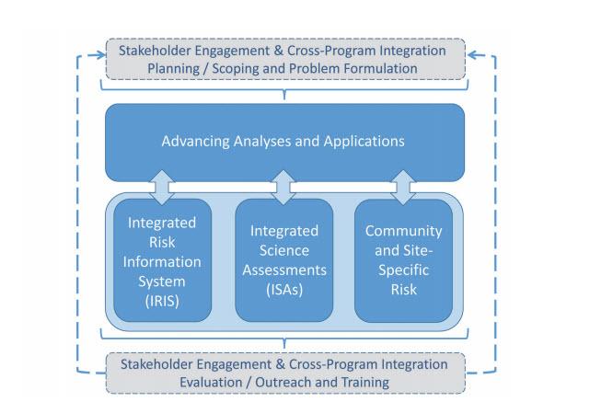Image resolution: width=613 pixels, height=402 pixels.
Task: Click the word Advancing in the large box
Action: pyautogui.click(x=195, y=142)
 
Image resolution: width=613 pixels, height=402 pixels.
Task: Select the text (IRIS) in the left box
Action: pyautogui.click(x=162, y=301)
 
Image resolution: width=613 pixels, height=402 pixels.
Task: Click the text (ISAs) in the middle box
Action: pyautogui.click(x=284, y=290)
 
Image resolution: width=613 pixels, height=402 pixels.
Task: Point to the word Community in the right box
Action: pyautogui.click(x=403, y=231)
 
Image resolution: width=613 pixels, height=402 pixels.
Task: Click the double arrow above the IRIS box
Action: pyautogui.click(x=162, y=188)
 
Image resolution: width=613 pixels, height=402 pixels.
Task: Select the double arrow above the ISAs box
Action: pyautogui.click(x=283, y=188)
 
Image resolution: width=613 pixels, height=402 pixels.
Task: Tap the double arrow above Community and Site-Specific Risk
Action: pyautogui.click(x=403, y=188)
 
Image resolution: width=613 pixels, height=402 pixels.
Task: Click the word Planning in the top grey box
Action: pyautogui.click(x=174, y=69)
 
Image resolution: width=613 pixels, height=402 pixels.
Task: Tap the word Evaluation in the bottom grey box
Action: pyautogui.click(x=211, y=382)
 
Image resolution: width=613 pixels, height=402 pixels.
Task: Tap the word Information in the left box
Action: pyautogui.click(x=162, y=262)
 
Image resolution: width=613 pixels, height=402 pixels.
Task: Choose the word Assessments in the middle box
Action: pyautogui.click(x=284, y=270)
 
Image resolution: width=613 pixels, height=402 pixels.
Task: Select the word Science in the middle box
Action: pyautogui.click(x=284, y=250)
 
